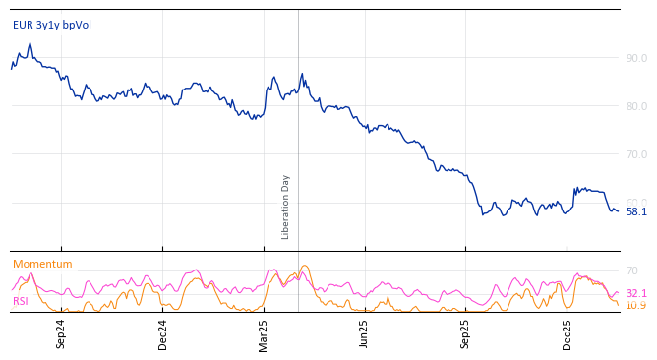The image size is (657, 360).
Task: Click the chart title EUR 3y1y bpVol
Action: point(52,25)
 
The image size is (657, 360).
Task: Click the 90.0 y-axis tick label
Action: point(636,58)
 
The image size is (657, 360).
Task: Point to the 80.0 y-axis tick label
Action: point(636,106)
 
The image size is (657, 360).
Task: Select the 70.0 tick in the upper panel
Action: point(636,154)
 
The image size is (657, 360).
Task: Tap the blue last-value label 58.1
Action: point(636,211)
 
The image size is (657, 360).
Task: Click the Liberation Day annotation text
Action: point(286,207)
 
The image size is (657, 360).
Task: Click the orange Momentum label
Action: point(42,264)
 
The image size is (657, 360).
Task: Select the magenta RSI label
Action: point(21,301)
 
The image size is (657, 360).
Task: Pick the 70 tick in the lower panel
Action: point(632,270)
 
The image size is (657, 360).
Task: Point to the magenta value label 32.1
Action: point(636,293)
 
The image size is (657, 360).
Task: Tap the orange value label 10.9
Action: point(636,305)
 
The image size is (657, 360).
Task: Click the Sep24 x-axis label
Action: point(61,333)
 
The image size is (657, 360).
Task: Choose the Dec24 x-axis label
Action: point(163,333)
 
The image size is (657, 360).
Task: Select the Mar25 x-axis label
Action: point(264,333)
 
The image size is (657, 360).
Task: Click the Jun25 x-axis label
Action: point(365,333)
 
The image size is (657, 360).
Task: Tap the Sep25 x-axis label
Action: point(466,333)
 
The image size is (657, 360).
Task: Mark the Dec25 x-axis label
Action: point(567,333)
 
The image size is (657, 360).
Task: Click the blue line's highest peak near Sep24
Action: point(30,43)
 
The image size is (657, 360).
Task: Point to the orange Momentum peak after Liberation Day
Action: point(305,266)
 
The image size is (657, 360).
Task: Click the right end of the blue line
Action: point(618,210)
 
